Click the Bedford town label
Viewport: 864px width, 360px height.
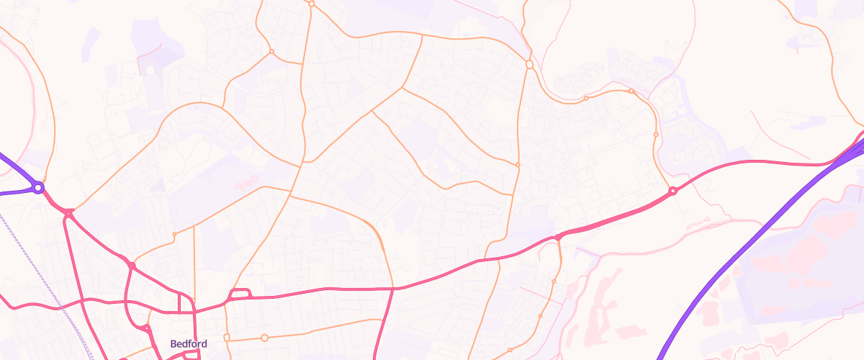click(x=189, y=344)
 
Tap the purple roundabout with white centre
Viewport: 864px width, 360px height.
click(x=38, y=188)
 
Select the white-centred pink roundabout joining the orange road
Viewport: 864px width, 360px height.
click(x=672, y=191)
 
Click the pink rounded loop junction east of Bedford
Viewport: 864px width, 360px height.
click(x=239, y=293)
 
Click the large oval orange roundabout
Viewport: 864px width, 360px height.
click(x=529, y=65)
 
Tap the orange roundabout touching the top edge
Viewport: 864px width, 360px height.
click(x=311, y=4)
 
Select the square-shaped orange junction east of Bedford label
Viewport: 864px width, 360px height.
click(x=226, y=336)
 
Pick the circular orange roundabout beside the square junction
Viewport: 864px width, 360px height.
click(x=264, y=338)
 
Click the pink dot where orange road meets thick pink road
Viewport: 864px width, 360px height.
click(x=558, y=237)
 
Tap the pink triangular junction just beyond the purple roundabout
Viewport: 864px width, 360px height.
click(x=68, y=213)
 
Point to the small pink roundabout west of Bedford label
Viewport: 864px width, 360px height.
click(x=146, y=328)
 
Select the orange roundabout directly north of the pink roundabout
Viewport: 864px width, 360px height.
click(x=655, y=134)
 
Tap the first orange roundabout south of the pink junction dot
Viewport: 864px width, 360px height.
click(x=554, y=281)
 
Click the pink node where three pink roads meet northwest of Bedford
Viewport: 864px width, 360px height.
click(x=132, y=266)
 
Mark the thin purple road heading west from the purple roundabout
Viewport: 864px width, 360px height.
click(x=14, y=193)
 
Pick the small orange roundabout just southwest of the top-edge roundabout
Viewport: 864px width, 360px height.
click(x=271, y=52)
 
